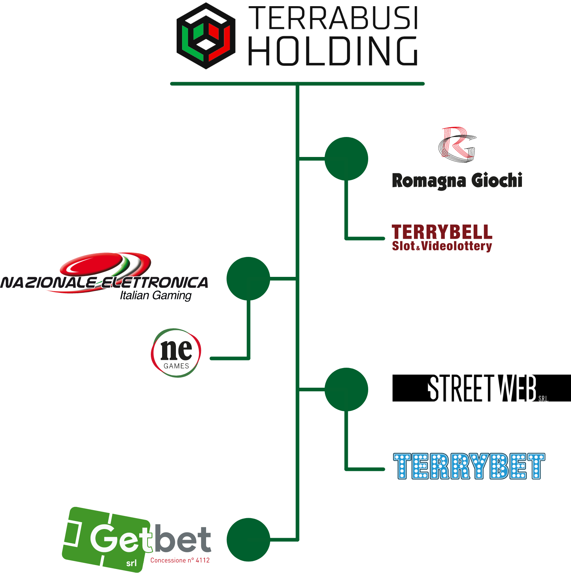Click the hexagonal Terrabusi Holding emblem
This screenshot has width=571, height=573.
coord(206,36)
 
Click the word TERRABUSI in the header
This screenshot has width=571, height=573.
coord(333,18)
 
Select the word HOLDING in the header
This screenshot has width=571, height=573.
coord(333,51)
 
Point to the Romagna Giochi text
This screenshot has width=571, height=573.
coord(457,181)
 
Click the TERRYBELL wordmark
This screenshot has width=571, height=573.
coord(442,232)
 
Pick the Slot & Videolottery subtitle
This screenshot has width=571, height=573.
coord(442,246)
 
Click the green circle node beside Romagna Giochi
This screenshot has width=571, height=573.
coord(346,159)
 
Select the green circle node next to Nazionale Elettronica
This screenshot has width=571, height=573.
coord(248,279)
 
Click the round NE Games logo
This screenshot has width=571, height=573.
coord(176,353)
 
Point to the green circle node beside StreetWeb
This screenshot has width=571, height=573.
coord(346,390)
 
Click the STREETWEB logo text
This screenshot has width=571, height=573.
coord(482,388)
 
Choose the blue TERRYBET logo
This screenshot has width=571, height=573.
coord(469,466)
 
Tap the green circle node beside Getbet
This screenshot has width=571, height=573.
coord(248,540)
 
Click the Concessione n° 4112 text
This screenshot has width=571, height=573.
coord(180,560)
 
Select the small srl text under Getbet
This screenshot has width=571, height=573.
coord(131,563)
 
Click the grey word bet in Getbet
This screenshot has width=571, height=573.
coord(182,539)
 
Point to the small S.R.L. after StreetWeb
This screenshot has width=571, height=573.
coord(543,399)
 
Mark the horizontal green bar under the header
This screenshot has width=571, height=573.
coord(297,84)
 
